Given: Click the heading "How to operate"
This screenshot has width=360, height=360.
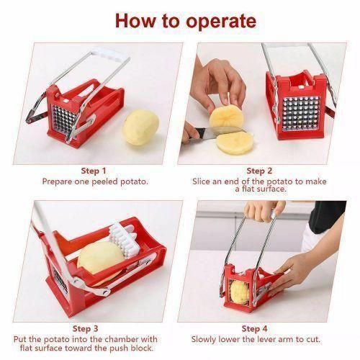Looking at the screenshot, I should click(x=181, y=19).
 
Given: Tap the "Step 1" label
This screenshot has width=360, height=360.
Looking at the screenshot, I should click(x=94, y=171).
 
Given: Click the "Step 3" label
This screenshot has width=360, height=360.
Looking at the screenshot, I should click(x=94, y=328).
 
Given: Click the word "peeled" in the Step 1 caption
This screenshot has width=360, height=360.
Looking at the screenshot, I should click(x=107, y=180).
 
